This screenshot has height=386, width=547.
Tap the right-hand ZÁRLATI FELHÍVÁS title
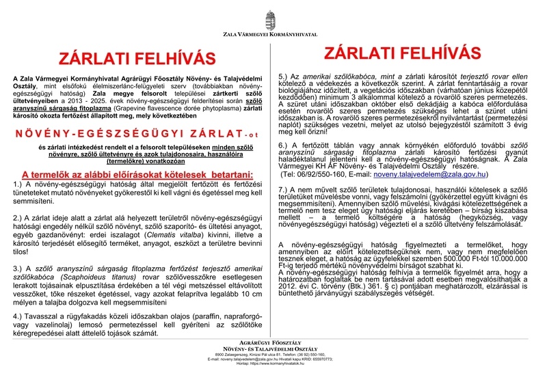(403, 53)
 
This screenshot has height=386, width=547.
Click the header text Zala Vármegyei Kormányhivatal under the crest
(272, 33)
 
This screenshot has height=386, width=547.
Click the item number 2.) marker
(19, 217)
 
